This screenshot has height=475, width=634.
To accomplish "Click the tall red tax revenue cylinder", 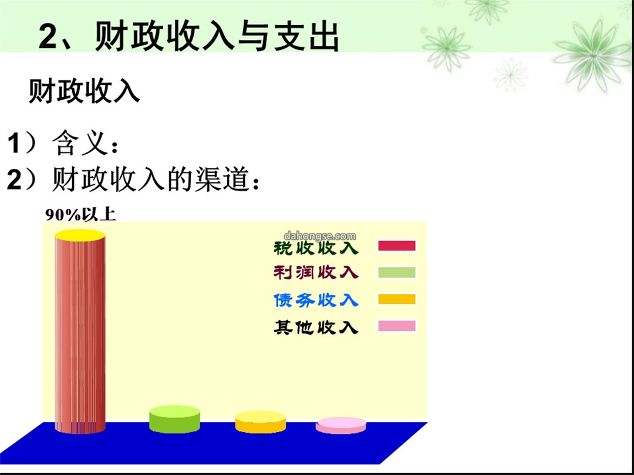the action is [80, 333].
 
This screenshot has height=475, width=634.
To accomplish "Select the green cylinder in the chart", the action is [175, 419].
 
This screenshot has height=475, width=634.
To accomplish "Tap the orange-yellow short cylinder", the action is [261, 422].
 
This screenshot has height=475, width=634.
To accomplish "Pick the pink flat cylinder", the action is [341, 426].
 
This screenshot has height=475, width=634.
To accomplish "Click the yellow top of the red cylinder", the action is [80, 235].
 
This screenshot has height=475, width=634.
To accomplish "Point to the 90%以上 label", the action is [80, 215].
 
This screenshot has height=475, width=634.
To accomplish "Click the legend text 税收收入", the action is [316, 247].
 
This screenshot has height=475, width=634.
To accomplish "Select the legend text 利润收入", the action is [316, 273].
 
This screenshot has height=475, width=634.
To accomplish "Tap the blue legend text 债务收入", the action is [316, 300].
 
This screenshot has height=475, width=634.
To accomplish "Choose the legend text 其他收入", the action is [316, 327].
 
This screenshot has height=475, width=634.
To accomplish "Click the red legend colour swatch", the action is [397, 246].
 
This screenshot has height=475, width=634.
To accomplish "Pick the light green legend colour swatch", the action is [397, 272].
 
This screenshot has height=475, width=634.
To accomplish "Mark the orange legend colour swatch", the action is [397, 299].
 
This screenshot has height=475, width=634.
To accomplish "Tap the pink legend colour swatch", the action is [397, 326].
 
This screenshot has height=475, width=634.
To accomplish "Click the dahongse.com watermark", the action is [320, 236].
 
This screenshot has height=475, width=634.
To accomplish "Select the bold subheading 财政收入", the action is [84, 91].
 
